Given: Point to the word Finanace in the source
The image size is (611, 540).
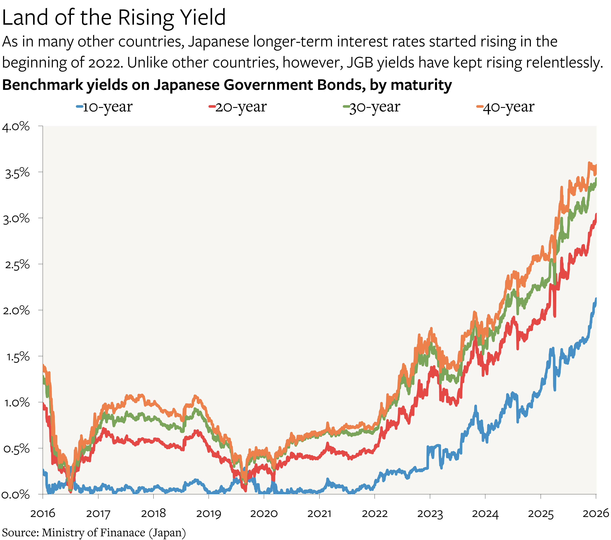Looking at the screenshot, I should [123, 532].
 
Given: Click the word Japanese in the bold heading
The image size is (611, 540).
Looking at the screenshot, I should [186, 85].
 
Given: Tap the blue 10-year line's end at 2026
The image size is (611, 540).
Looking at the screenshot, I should [596, 298].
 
